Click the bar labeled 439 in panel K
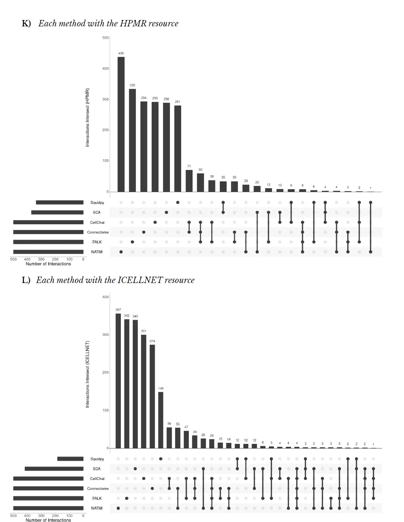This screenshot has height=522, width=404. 121,124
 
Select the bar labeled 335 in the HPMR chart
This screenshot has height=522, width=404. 132,140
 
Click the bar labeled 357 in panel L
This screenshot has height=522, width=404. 118,380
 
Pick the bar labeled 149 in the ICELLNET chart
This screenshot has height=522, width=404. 161,420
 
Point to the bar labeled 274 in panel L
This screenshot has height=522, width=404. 152,396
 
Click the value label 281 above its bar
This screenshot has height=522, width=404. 177,102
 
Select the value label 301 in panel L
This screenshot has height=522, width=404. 143,331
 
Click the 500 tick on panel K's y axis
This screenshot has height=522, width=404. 105,38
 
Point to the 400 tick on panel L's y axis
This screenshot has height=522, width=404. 105,297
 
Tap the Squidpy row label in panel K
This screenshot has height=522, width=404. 97,203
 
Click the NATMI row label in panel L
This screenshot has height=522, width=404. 97,508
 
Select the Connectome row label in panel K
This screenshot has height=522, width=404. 98,232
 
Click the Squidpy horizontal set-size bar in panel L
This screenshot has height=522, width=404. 70,459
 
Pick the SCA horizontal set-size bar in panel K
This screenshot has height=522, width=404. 57,212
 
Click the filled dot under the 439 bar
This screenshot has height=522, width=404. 121,252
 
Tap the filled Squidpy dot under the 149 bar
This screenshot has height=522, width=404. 161,459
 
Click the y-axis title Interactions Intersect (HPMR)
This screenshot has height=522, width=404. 87,117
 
